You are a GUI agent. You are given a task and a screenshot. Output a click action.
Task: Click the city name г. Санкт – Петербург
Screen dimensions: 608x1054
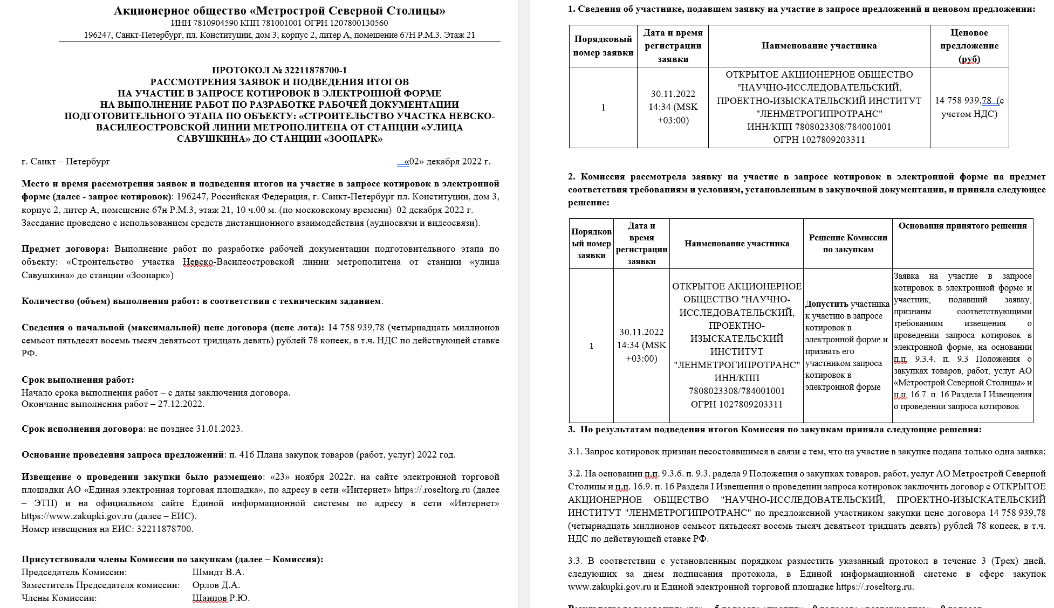(x=66, y=161)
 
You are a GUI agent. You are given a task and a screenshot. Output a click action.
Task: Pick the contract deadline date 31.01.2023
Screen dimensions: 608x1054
(x=219, y=429)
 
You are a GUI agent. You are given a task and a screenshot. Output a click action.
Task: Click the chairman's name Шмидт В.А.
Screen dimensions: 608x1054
(x=218, y=572)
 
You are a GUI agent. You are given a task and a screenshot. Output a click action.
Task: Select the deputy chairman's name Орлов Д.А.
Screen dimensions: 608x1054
(x=216, y=585)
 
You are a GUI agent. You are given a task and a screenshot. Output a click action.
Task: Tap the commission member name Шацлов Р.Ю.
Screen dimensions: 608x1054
(x=221, y=598)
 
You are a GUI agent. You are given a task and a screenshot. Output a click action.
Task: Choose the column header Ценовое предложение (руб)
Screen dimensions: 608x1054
(x=969, y=46)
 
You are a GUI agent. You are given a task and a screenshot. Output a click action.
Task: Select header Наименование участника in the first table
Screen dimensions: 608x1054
(x=819, y=46)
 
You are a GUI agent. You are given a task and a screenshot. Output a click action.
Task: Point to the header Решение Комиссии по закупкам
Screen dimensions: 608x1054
(x=848, y=244)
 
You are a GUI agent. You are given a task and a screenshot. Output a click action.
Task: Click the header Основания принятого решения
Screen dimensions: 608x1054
(x=962, y=226)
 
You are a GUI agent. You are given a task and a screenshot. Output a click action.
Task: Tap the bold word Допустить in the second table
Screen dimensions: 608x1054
(x=826, y=304)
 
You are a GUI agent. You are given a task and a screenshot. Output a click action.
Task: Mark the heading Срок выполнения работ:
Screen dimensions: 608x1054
(x=78, y=379)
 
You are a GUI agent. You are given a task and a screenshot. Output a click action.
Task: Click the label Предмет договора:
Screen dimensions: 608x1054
(x=65, y=248)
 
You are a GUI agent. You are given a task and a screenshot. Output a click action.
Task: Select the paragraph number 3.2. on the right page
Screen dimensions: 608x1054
(x=575, y=474)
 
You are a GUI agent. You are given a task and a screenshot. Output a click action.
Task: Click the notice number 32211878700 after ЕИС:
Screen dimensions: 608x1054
(x=164, y=529)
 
